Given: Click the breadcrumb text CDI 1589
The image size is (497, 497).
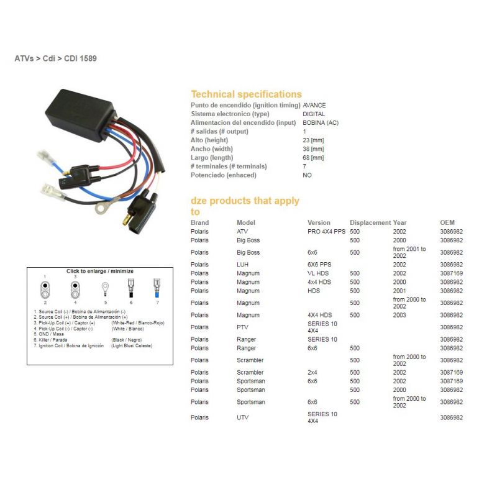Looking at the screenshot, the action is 80,58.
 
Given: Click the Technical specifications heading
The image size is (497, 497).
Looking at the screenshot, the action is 246,94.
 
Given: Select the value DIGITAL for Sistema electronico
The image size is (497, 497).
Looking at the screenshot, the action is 314,114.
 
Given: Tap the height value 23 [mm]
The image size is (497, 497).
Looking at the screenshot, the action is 313,140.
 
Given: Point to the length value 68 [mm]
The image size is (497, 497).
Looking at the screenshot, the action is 313,158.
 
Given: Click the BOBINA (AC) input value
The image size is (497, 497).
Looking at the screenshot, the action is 321,122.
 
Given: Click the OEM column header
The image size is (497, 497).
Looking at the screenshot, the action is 447,222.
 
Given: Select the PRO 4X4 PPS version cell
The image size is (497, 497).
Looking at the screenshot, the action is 326,231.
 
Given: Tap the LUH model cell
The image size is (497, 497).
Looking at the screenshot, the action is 242,265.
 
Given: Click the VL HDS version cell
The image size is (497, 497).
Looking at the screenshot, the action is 318,273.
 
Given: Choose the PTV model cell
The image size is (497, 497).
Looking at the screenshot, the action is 242,327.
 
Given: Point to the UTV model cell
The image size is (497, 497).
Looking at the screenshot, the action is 242,417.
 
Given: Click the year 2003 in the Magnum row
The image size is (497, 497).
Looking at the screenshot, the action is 399,315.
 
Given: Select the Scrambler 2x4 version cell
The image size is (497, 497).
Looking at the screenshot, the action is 312,372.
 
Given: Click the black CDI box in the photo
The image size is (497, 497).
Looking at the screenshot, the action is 80,114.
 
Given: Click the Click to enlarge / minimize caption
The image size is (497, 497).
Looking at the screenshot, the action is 100,271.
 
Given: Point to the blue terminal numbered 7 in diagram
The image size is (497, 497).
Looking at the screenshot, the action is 157,288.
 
